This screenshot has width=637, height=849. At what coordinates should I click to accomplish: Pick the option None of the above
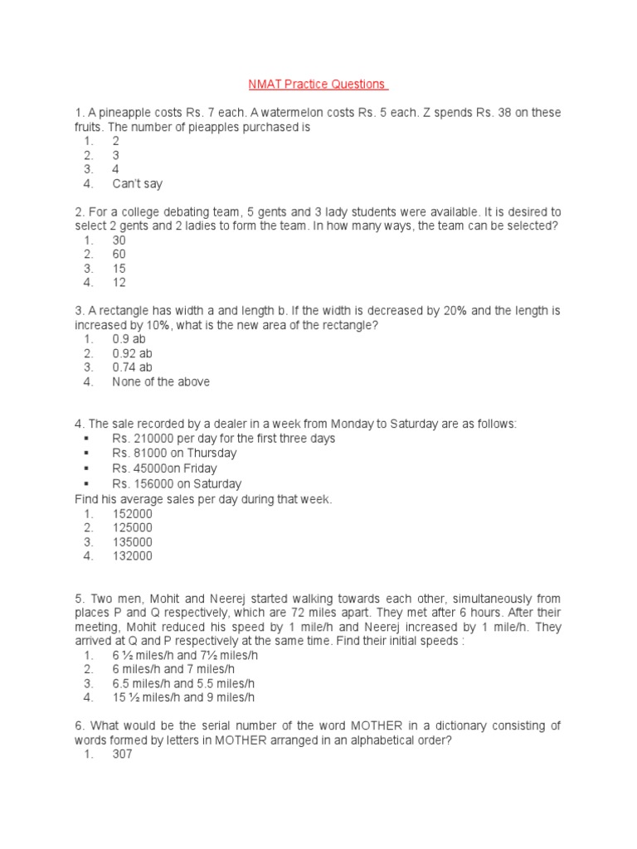[161, 382]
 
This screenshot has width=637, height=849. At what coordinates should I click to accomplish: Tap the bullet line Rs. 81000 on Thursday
[174, 454]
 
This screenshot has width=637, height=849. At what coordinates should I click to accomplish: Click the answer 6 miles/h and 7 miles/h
[173, 669]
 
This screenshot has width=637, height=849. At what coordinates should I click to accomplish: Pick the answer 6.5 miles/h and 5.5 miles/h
[183, 683]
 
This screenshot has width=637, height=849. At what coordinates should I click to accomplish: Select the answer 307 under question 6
[122, 754]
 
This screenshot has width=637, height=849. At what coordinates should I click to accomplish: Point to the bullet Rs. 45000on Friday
[166, 468]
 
